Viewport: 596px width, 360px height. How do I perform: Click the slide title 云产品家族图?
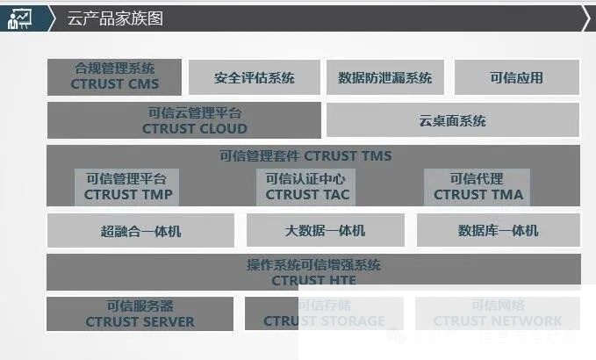point(115,18)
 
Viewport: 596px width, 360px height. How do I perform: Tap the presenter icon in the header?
point(19,18)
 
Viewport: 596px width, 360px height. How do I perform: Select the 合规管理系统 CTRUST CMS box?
point(114,76)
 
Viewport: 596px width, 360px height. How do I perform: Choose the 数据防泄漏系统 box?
point(385,77)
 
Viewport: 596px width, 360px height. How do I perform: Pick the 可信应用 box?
point(516,77)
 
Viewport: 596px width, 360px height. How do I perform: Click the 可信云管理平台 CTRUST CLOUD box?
point(185,120)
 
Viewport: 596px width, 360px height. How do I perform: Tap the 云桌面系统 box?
point(452,120)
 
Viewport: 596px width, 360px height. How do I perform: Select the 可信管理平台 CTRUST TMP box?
point(128,187)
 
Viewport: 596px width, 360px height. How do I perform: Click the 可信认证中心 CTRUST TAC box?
point(306,187)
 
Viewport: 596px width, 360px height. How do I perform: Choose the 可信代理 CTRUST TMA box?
point(478,187)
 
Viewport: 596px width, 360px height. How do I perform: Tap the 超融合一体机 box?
point(140,231)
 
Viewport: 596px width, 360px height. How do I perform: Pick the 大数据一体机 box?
point(325,231)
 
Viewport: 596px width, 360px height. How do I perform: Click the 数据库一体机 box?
point(498,231)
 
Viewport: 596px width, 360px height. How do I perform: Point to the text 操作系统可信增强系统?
point(312,264)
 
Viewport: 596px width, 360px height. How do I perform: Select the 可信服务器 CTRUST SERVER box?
point(140,313)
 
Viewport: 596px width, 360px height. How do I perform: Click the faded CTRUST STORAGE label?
point(324,321)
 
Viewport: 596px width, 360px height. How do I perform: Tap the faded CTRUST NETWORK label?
point(497,321)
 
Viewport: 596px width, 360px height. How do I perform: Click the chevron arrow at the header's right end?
point(585,18)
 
